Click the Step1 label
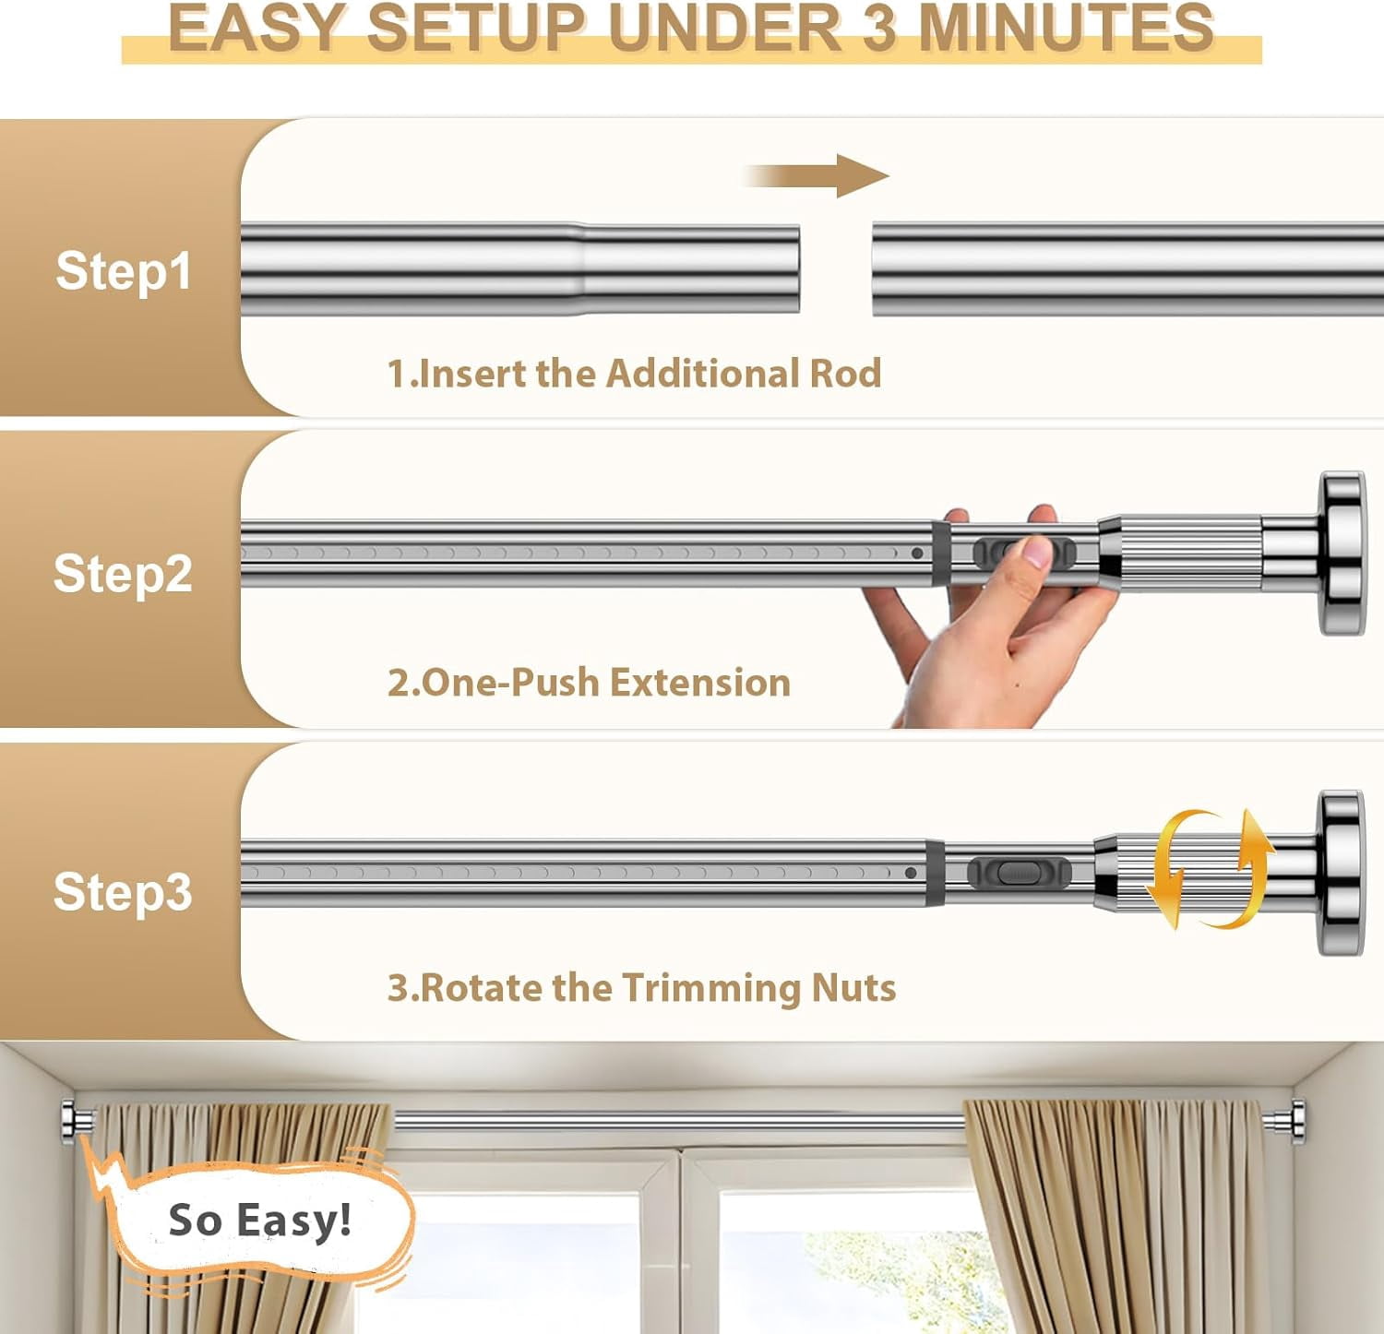click(x=124, y=270)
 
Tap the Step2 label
click(x=123, y=574)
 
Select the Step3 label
click(x=123, y=892)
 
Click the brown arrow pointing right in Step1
click(x=816, y=175)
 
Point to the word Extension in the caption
click(x=700, y=683)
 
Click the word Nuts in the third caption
click(x=853, y=988)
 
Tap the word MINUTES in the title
click(x=1067, y=28)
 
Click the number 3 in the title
click(x=881, y=28)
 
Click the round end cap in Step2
click(x=1342, y=554)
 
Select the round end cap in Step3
click(x=1341, y=873)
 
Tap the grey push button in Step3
click(x=1019, y=872)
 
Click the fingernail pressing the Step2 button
click(x=1036, y=552)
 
